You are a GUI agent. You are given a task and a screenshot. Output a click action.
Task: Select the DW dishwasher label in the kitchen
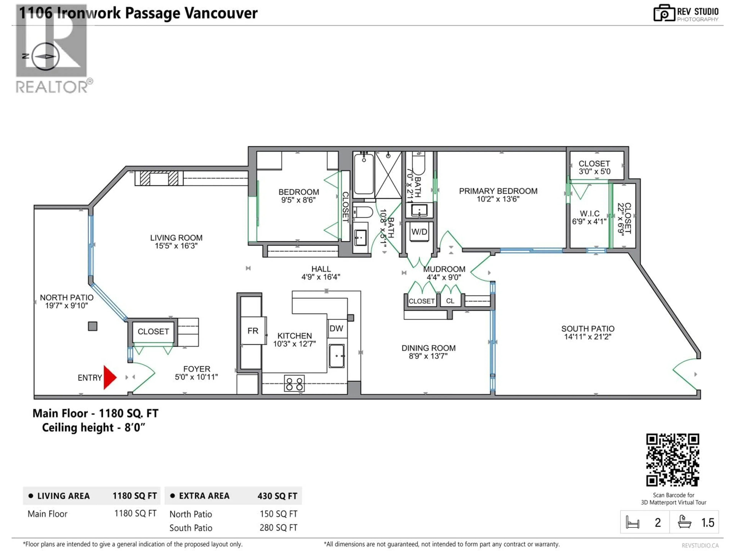point(336,328)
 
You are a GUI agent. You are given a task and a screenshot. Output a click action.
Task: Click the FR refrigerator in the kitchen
point(252,331)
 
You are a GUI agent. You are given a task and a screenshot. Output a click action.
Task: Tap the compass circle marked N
point(46,56)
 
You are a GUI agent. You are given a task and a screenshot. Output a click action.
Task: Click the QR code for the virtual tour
point(673,460)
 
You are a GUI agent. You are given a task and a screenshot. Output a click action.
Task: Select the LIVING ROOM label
point(176,238)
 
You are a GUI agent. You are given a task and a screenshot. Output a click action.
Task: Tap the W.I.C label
point(590,214)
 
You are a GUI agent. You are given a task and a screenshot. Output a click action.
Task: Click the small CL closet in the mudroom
point(450,301)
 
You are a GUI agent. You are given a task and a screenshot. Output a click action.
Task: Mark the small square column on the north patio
point(93,326)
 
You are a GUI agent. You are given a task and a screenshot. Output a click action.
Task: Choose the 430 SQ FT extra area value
point(277,496)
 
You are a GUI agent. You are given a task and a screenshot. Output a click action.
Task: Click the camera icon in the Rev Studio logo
point(664,13)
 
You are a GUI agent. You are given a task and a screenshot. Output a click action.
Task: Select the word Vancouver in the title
point(221,13)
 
